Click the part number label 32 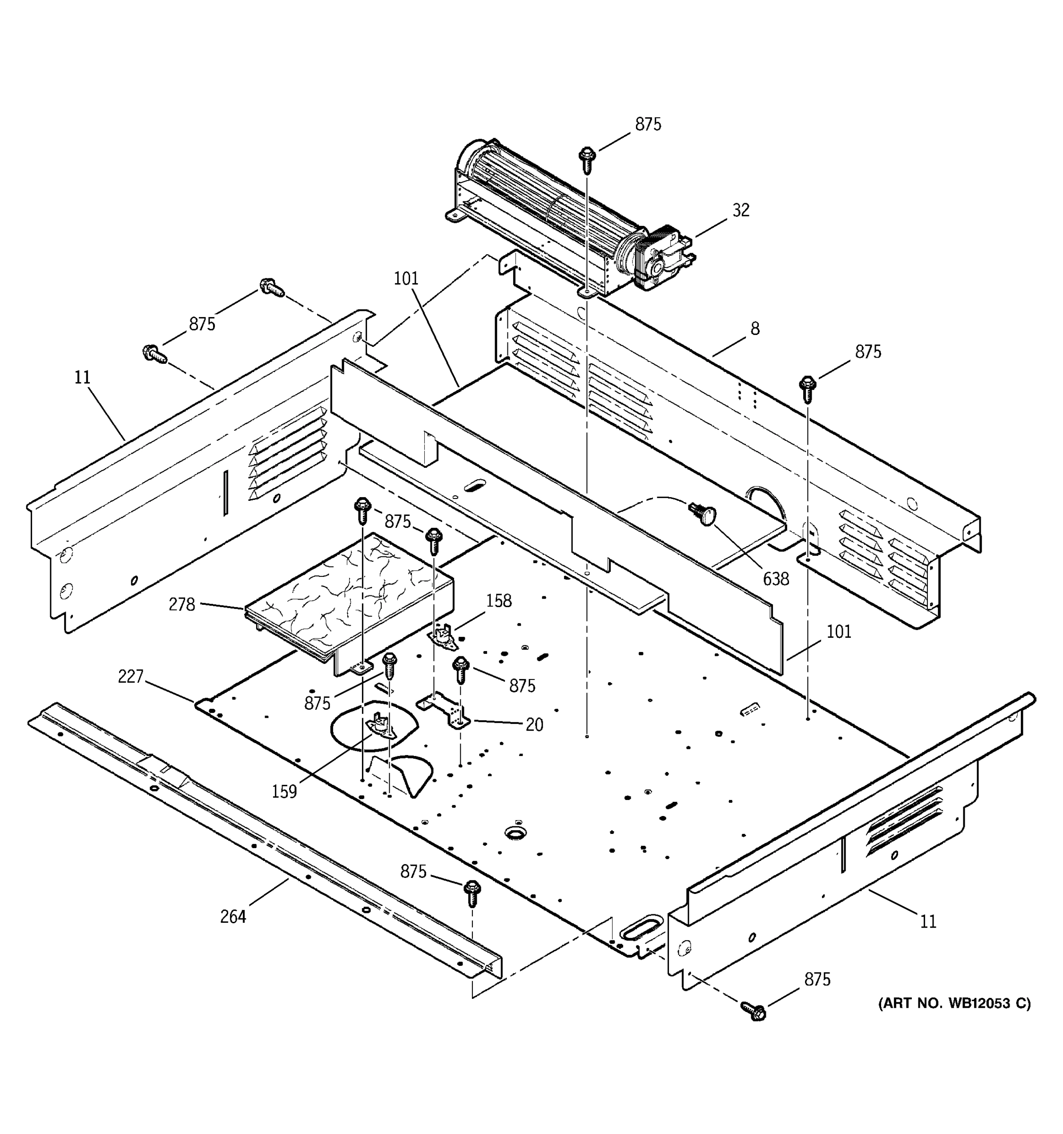740,210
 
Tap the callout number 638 776,578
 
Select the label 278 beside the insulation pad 181,604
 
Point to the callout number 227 130,677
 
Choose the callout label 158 498,601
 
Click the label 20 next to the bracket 534,724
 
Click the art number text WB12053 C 954,1019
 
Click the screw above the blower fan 587,159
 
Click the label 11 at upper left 82,377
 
